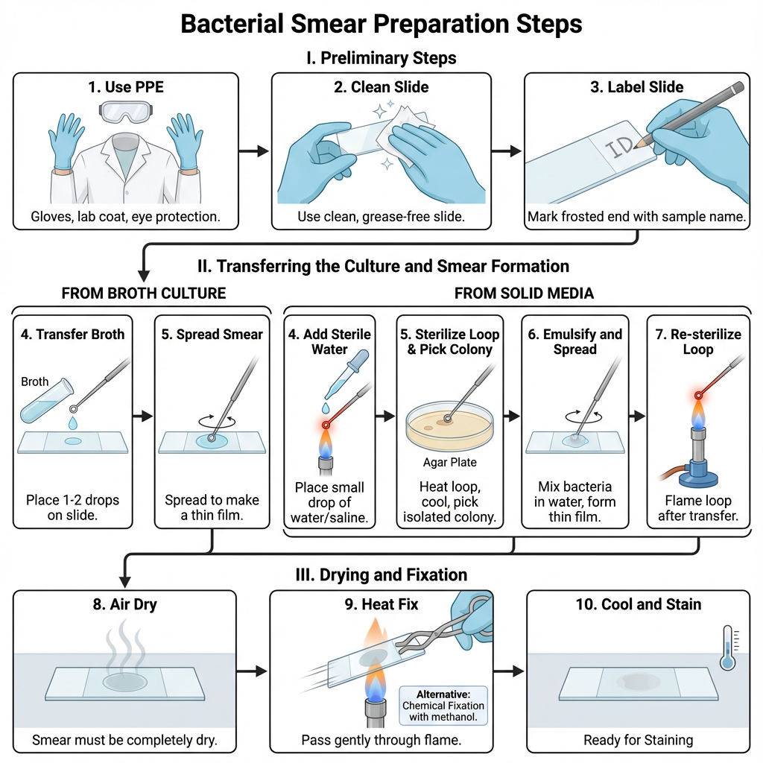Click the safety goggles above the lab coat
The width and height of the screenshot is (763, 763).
pyautogui.click(x=125, y=113)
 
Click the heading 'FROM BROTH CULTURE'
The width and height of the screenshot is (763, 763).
pyautogui.click(x=143, y=293)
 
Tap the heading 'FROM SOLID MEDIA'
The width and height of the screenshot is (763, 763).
pyautogui.click(x=524, y=293)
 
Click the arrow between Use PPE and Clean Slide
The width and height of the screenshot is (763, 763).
pyautogui.click(x=254, y=151)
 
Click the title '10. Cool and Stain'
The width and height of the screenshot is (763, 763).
pyautogui.click(x=638, y=604)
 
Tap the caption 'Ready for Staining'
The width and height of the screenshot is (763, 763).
pyautogui.click(x=638, y=740)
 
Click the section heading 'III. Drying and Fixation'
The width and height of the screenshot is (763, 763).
pyautogui.click(x=381, y=574)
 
